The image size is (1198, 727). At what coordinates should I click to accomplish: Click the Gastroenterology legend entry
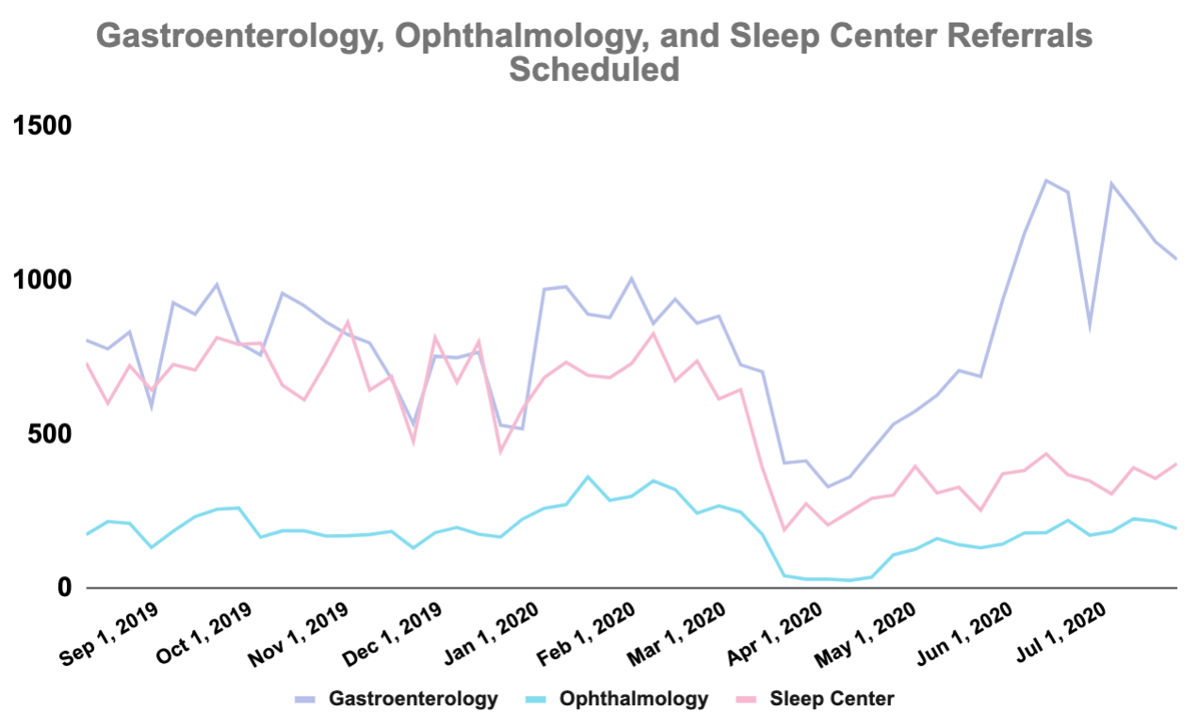point(413,699)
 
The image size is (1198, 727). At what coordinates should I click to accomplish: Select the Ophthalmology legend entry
point(633,699)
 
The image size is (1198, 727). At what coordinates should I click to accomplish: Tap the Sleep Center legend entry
point(832,699)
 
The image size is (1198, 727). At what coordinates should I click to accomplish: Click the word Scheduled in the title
point(594,70)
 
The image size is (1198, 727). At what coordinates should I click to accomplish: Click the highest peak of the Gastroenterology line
point(1045,180)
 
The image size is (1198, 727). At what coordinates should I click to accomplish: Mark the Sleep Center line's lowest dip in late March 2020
point(784,530)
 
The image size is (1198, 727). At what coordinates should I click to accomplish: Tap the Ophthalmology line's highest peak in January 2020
point(588,477)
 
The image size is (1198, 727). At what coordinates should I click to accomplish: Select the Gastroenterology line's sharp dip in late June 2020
point(1090,327)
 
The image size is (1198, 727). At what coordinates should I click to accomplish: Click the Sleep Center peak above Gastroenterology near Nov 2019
point(348,322)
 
